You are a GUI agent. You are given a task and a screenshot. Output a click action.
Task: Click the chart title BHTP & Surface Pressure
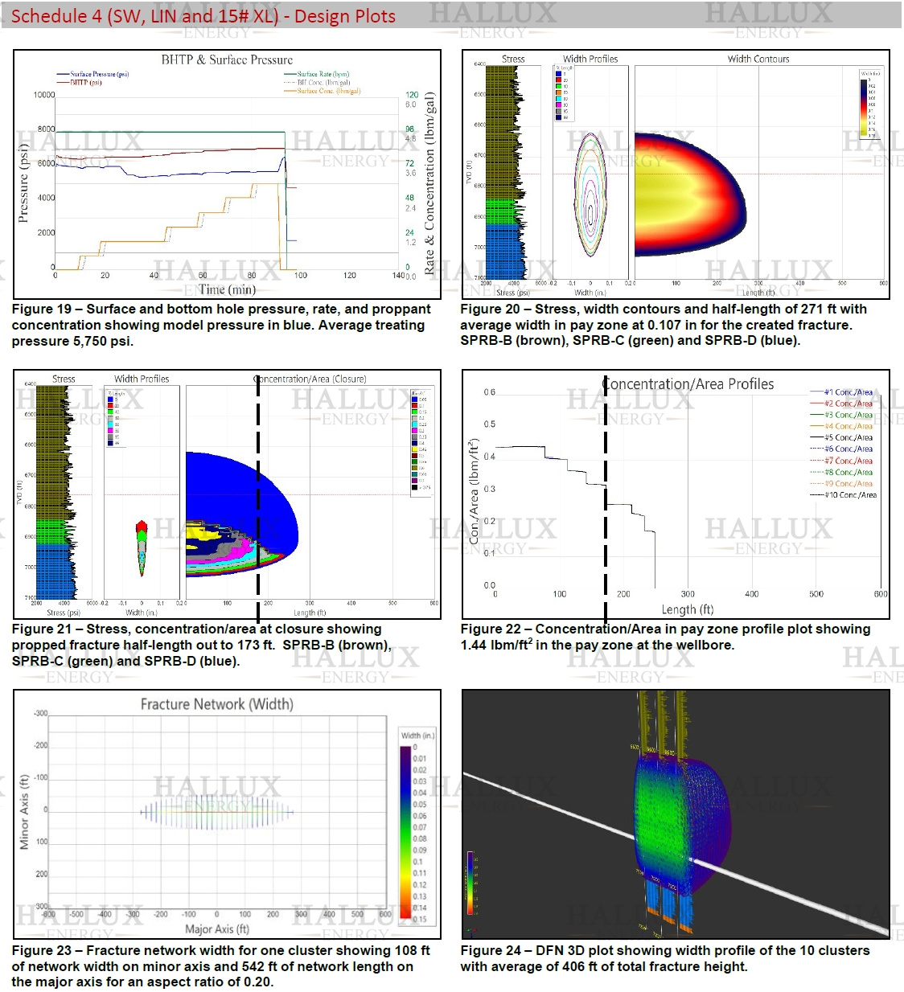(227, 59)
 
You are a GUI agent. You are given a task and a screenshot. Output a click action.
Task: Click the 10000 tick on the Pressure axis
(43, 95)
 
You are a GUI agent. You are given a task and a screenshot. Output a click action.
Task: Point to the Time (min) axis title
(227, 289)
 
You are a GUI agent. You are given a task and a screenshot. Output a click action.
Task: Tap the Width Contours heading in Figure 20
(758, 59)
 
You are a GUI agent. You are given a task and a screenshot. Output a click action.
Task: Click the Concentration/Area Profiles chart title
(688, 384)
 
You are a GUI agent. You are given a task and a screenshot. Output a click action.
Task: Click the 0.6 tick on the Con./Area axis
(490, 392)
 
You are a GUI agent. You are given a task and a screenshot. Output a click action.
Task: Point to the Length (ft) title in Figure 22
(688, 609)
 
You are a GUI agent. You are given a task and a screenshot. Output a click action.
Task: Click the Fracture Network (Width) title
(216, 704)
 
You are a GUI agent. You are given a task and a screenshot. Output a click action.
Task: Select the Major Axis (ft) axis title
(216, 928)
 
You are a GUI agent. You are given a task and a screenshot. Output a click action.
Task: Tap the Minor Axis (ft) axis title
(24, 812)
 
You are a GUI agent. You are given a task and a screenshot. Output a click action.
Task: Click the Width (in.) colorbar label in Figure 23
(417, 735)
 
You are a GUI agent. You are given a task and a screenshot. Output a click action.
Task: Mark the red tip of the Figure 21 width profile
(142, 527)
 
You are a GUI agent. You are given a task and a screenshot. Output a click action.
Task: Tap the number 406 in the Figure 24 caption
(576, 966)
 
